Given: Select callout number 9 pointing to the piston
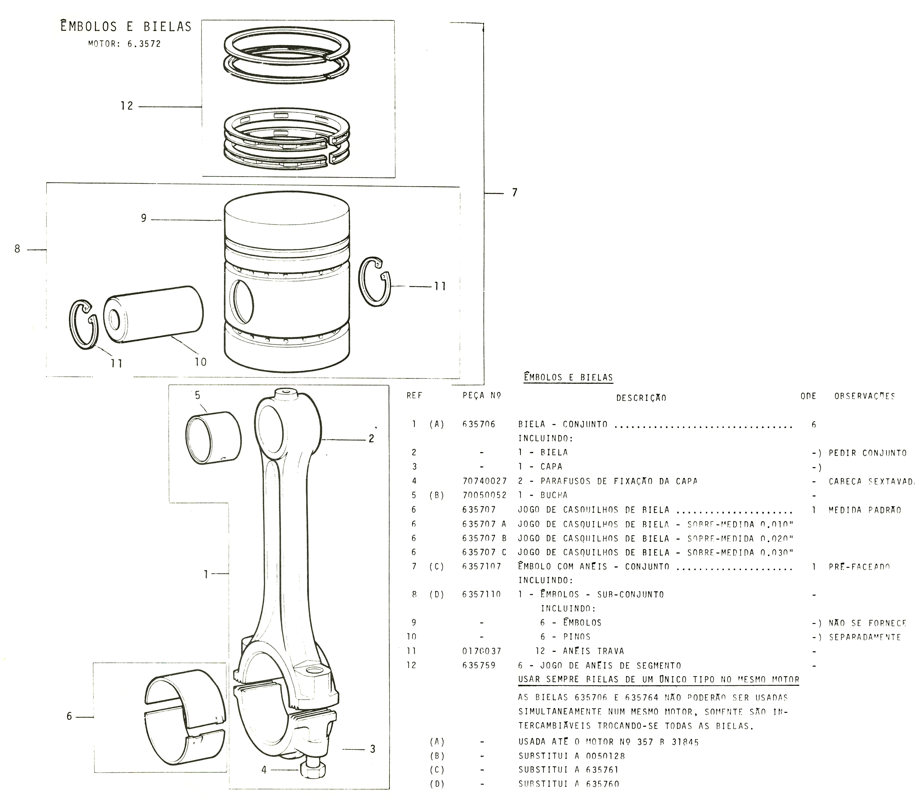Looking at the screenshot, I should pyautogui.click(x=144, y=218).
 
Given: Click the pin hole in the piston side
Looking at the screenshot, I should pyautogui.click(x=242, y=301).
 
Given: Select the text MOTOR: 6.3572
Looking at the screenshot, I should pyautogui.click(x=124, y=44).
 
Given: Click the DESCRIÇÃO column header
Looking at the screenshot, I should pyautogui.click(x=641, y=398).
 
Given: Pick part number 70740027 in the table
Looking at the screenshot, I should pyautogui.click(x=484, y=481).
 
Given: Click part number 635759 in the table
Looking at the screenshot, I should pyautogui.click(x=479, y=665).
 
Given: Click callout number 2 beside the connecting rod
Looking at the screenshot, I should pyautogui.click(x=371, y=439).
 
